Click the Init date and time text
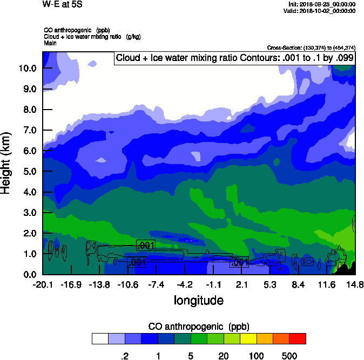(x=322, y=4)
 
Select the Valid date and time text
(x=322, y=11)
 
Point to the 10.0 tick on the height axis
(x=27, y=69)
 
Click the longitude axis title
(x=198, y=300)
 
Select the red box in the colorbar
(x=298, y=338)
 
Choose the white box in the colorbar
(x=100, y=338)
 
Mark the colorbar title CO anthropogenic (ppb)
(x=198, y=327)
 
